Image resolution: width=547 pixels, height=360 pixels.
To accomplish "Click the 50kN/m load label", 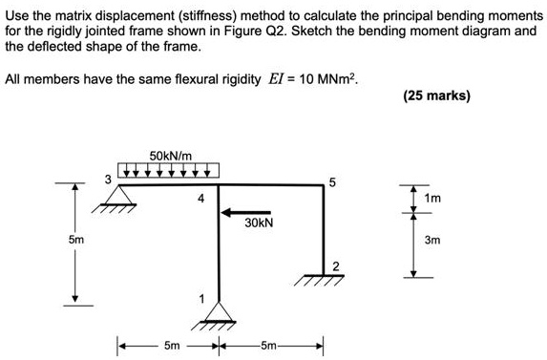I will click(172, 154).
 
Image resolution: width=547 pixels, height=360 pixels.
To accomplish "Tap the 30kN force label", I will click(258, 222).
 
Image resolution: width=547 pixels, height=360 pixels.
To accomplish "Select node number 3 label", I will click(108, 178).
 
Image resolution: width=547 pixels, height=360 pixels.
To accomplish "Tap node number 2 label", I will click(335, 265).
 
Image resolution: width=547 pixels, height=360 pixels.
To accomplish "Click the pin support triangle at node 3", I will click(117, 198).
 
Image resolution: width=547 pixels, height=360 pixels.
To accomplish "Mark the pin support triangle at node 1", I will click(219, 310).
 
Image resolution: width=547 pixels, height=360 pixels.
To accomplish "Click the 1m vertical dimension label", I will click(432, 197).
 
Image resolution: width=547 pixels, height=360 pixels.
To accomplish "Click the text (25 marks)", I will click(436, 95).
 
